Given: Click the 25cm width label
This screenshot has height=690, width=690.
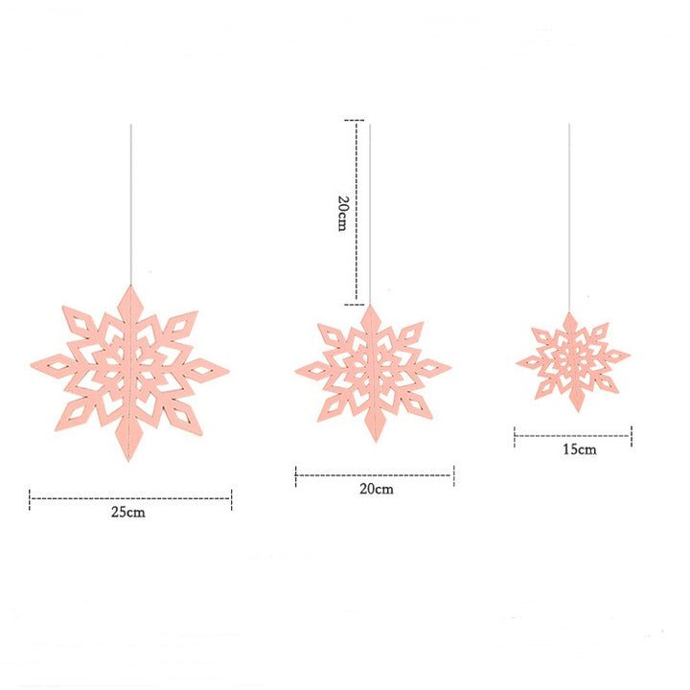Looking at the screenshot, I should coord(127,512).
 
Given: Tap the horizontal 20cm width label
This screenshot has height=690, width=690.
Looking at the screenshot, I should coord(376,489).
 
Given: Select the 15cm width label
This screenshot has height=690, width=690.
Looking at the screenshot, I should coord(580,448).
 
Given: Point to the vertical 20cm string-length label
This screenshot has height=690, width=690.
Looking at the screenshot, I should coord(342,213).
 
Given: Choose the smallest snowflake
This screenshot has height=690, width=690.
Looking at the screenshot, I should coord(572,359).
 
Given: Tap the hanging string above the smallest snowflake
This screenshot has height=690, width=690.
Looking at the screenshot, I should coord(570,220).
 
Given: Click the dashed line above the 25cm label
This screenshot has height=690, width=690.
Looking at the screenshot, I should coord(130,496).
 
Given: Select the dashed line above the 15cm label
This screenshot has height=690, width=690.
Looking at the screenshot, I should coord(572,436).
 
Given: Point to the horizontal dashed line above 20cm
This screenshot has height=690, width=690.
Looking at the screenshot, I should coord(375,473).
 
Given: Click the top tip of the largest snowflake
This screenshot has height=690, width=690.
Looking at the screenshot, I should coord(131,285).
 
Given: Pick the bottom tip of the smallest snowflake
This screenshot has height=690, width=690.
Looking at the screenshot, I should coord(573,410).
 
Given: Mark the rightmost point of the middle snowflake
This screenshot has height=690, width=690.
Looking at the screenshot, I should coord(450,367).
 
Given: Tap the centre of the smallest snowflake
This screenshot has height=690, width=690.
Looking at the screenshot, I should coord(572,359).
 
